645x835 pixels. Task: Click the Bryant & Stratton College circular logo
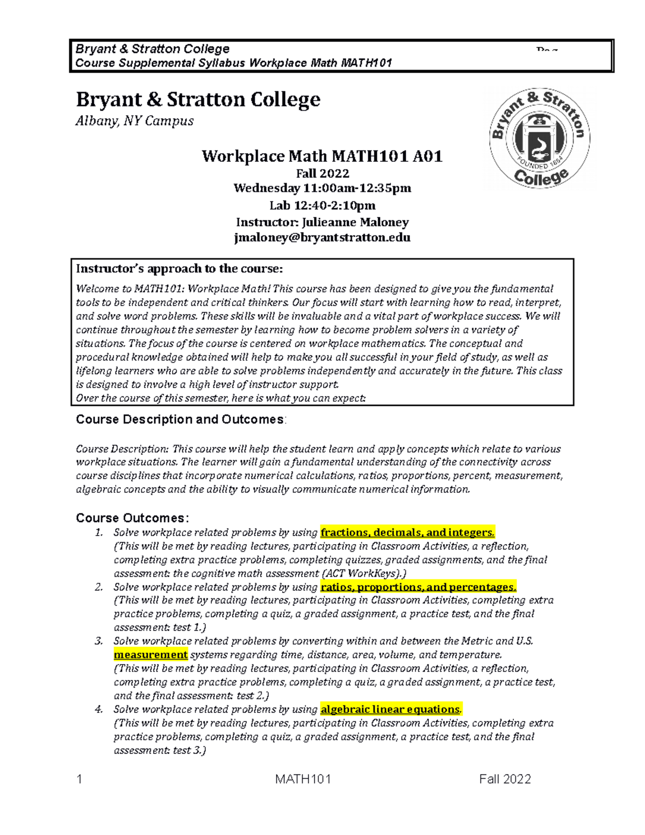539,138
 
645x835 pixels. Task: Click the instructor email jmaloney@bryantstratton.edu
322,237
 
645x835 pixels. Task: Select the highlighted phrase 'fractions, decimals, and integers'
407,532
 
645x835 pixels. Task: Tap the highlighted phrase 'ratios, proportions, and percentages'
418,587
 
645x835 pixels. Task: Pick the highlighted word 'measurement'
150,654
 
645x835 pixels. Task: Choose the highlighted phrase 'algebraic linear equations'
390,709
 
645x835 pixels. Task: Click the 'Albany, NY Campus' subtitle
134,121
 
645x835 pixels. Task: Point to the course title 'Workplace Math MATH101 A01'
322,156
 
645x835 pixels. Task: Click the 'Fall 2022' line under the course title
322,173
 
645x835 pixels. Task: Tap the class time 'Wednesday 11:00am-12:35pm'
322,188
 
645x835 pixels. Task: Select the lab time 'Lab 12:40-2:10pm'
322,205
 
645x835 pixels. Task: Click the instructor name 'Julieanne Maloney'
355,222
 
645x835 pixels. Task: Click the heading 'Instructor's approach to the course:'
179,269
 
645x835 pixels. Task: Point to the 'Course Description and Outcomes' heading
180,419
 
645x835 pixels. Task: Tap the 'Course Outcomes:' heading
132,518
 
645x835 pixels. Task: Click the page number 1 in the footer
80,779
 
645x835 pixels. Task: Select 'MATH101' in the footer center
303,779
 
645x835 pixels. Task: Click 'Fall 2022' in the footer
505,779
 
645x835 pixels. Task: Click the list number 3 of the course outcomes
98,641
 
